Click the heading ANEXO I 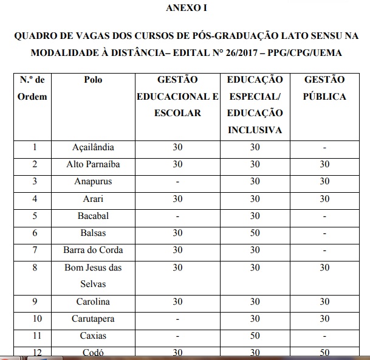(185, 8)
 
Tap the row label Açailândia (93, 147)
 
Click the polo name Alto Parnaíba (93, 164)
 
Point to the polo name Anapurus (93, 181)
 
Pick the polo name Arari (93, 198)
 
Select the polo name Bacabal (93, 216)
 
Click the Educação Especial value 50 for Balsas (255, 233)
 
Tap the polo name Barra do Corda (93, 250)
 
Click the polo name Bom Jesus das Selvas (93, 275)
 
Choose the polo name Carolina (93, 302)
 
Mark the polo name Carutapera (93, 319)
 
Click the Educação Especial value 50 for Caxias (255, 336)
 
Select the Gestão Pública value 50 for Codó (324, 352)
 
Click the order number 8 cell (35, 268)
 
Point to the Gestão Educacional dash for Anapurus (177, 181)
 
